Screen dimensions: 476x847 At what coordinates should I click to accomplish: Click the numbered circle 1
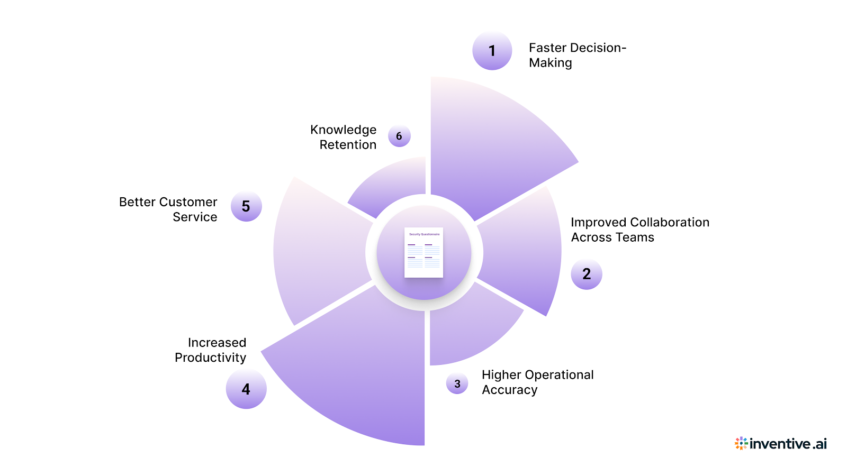point(492,51)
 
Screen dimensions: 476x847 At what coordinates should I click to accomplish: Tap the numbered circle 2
point(587,274)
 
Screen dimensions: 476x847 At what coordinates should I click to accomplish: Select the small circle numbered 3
point(457,383)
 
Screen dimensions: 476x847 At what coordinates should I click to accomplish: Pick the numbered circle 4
point(246,389)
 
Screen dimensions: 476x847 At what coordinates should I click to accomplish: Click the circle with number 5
point(246,206)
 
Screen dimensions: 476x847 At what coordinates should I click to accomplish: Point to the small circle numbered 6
point(399,136)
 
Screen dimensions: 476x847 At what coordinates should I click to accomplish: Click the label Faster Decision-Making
point(577,55)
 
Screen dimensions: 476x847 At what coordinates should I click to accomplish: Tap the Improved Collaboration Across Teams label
point(639,230)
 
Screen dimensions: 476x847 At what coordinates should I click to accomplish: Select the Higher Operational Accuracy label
point(537,382)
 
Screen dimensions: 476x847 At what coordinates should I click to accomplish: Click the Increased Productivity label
point(211,350)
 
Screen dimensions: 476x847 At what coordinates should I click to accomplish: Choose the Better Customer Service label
point(168,209)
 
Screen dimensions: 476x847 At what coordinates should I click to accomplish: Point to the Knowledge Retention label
point(344,137)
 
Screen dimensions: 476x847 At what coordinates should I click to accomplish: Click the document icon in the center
point(424,252)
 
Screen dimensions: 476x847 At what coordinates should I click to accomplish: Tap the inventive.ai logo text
point(788,444)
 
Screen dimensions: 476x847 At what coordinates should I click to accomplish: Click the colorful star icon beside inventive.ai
point(741,443)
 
